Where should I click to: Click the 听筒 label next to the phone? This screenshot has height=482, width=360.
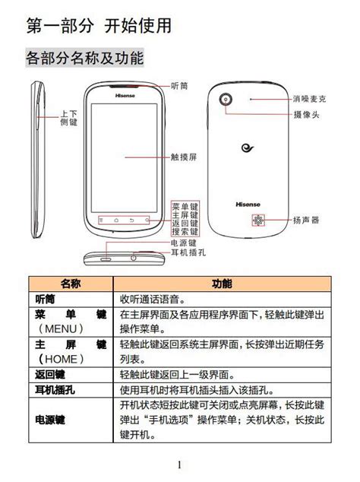(179, 86)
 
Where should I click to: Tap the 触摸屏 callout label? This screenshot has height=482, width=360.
(183, 157)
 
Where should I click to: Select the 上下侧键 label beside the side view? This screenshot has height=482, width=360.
(68, 118)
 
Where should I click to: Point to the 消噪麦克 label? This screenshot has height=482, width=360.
(309, 99)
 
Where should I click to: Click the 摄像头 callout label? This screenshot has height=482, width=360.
(306, 115)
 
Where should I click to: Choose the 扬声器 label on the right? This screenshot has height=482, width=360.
(305, 220)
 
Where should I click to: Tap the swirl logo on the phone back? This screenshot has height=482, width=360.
(248, 148)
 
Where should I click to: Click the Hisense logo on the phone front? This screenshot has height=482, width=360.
(125, 96)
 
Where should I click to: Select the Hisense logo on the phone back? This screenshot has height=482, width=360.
(248, 205)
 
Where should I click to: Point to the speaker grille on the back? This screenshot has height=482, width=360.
(258, 220)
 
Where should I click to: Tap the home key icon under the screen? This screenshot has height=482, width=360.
(116, 220)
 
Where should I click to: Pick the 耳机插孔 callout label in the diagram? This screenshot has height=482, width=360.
(188, 252)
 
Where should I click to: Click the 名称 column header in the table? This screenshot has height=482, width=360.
(71, 284)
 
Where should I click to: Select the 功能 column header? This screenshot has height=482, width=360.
(222, 284)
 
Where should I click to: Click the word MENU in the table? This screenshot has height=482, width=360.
(61, 329)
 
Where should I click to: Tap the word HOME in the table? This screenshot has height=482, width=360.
(61, 359)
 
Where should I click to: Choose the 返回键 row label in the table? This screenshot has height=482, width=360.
(50, 375)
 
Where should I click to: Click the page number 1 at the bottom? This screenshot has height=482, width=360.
(180, 465)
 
